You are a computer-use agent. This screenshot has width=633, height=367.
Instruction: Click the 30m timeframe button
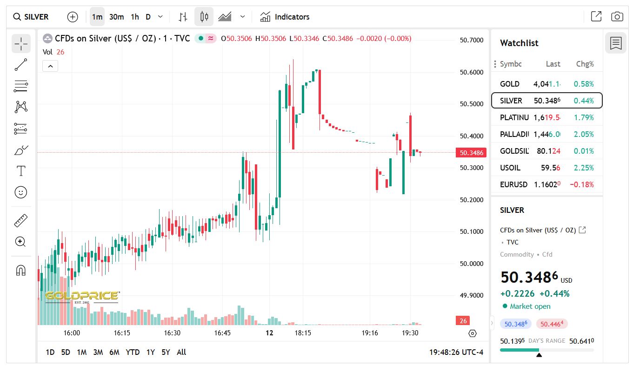pyautogui.click(x=116, y=17)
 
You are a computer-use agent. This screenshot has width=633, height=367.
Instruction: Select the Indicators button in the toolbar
pyautogui.click(x=285, y=17)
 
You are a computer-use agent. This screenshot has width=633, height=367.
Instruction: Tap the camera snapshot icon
pyautogui.click(x=617, y=17)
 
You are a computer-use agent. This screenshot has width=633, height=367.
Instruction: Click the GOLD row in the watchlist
pyautogui.click(x=546, y=84)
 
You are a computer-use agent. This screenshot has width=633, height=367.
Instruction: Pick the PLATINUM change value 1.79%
pyautogui.click(x=584, y=117)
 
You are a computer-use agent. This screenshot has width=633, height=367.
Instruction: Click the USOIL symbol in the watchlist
pyautogui.click(x=510, y=168)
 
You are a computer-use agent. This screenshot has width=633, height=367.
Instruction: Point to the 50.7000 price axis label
pyautogui.click(x=472, y=40)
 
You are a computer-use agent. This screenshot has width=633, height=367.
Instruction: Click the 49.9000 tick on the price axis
pyautogui.click(x=472, y=295)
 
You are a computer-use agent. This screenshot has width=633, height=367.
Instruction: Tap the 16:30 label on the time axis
pyautogui.click(x=172, y=333)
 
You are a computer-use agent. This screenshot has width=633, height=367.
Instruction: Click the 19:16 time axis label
pyautogui.click(x=370, y=333)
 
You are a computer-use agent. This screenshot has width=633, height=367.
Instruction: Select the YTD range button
pyautogui.click(x=133, y=352)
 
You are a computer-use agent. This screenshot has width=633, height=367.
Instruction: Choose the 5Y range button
pyautogui.click(x=166, y=352)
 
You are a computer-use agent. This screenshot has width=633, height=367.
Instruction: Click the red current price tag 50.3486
pyautogui.click(x=471, y=153)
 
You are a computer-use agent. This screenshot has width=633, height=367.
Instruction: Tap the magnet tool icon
pyautogui.click(x=21, y=270)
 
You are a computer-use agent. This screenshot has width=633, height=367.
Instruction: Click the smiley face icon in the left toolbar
pyautogui.click(x=21, y=192)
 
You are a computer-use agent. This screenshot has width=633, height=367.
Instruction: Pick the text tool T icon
pyautogui.click(x=21, y=171)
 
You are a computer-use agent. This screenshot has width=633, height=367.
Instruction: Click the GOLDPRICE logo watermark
pyautogui.click(x=82, y=296)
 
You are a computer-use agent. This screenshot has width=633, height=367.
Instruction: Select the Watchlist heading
pyautogui.click(x=519, y=43)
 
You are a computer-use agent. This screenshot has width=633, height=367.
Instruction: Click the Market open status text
pyautogui.click(x=530, y=306)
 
